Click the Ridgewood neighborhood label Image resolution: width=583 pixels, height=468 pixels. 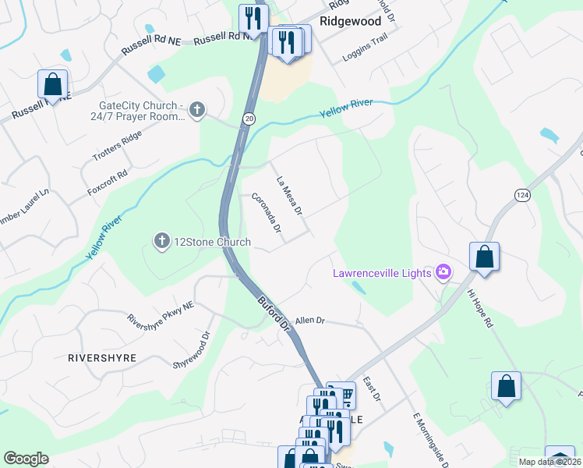pos(350,21)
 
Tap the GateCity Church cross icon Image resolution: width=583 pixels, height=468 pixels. pos(197,109)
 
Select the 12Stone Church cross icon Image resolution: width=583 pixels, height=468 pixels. pos(161,241)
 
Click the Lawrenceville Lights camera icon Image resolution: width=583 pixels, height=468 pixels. pos(443,272)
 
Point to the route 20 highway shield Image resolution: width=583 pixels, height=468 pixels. pos(249,118)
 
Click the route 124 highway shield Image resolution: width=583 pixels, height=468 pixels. pos(522,195)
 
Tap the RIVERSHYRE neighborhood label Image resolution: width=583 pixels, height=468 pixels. pos(102,358)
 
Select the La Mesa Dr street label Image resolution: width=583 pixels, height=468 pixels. pos(288,196)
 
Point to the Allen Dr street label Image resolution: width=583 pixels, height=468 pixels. pos(309,321)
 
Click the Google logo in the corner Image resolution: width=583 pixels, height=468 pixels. pos(26,459)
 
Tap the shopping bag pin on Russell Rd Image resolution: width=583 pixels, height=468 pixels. pos(52,83)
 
